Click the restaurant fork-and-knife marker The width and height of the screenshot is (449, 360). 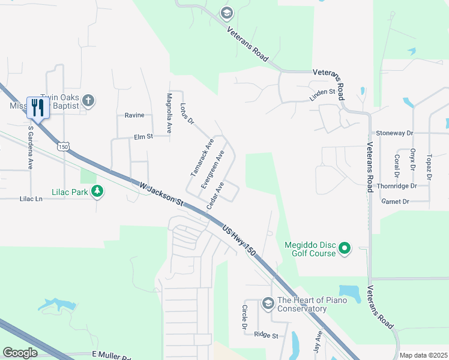click(37, 107)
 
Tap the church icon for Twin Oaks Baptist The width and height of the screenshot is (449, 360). click(88, 100)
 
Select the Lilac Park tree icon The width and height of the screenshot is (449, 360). click(97, 191)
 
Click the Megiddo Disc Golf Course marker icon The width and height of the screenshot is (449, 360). click(345, 248)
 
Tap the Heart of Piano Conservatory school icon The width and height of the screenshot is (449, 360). click(268, 304)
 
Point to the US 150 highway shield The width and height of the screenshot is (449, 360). click(63, 146)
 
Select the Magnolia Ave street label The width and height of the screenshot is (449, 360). click(169, 113)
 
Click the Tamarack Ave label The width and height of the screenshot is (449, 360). click(202, 157)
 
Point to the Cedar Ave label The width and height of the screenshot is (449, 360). click(215, 195)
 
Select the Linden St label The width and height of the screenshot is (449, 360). click(322, 92)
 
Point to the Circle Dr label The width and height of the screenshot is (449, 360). click(244, 317)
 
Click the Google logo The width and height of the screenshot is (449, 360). click(20, 353)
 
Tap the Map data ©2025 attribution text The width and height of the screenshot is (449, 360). click(423, 355)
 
